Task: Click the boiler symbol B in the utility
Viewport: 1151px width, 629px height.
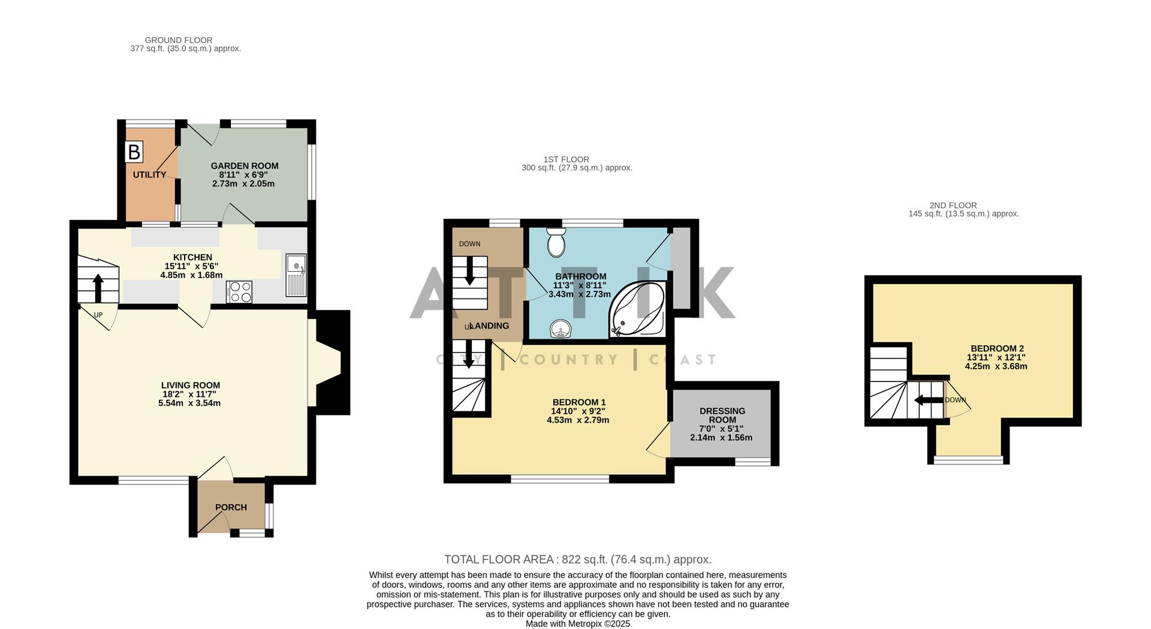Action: point(134,152)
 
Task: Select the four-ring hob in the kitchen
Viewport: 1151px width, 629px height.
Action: point(239,292)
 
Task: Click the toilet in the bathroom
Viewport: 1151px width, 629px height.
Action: point(557,241)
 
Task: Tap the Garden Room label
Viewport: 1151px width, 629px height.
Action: point(245,166)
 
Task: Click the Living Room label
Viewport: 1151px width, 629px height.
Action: point(191,386)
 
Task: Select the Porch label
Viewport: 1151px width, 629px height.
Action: point(231,507)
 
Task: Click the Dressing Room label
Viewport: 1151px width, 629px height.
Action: point(722,415)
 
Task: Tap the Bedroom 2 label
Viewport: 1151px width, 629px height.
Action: point(997,348)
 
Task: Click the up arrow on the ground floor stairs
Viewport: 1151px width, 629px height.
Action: point(98,287)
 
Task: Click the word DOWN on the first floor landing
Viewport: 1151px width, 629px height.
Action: point(469,244)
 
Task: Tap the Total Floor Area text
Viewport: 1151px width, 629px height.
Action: point(577,559)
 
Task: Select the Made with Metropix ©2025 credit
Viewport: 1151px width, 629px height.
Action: point(577,624)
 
